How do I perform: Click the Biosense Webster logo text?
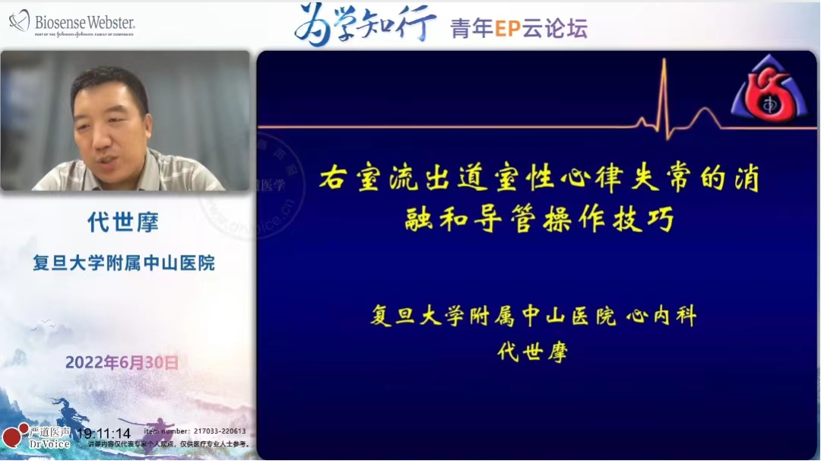[x=84, y=23]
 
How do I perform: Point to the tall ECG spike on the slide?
[x=664, y=91]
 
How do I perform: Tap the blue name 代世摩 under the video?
[x=123, y=222]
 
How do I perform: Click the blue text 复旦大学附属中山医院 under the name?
[x=123, y=263]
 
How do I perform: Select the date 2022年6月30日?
[x=122, y=363]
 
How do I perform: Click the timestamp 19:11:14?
[x=103, y=434]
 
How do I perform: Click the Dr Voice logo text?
[x=50, y=444]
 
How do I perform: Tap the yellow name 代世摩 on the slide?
[x=532, y=352]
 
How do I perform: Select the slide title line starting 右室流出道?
[x=538, y=180]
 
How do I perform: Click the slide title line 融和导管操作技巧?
[x=538, y=220]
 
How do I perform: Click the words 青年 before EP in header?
[x=472, y=29]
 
